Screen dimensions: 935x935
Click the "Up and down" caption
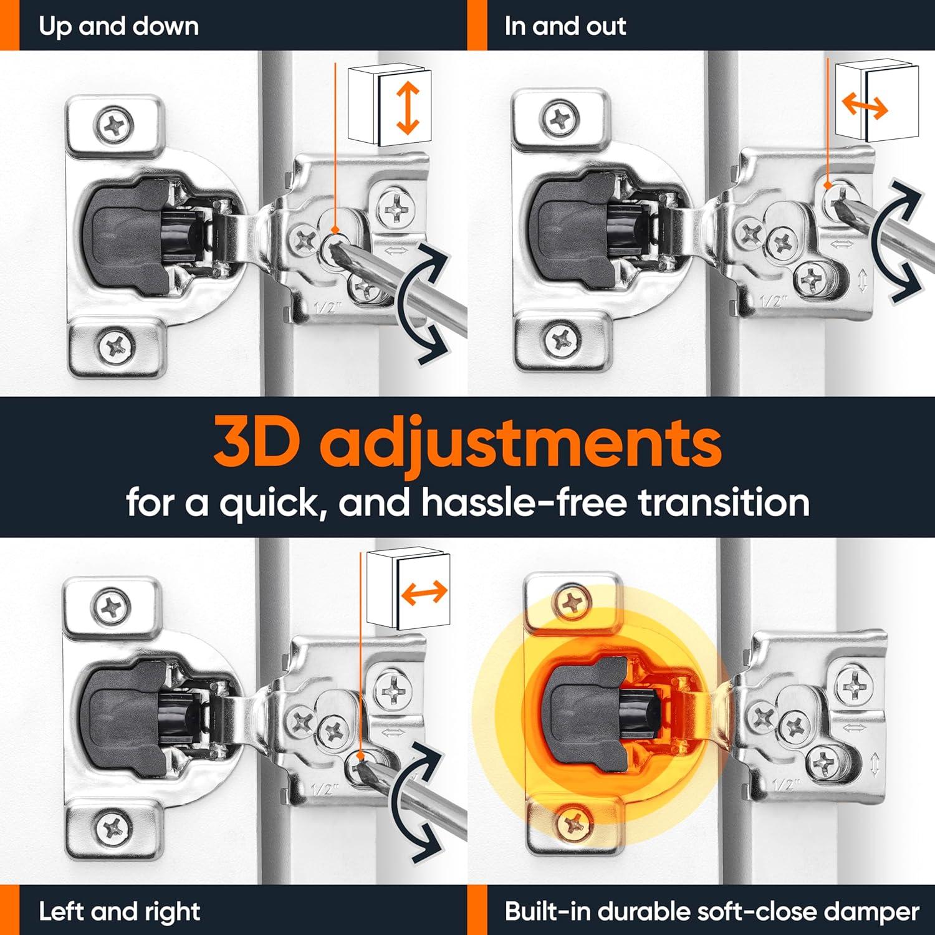[x=118, y=26]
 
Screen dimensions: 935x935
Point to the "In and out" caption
[x=565, y=26]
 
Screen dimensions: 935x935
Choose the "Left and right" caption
[x=119, y=912]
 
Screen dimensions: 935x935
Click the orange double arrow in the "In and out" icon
[x=865, y=108]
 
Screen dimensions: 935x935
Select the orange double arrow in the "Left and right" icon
[x=424, y=592]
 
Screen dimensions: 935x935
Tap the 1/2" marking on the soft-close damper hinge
[x=784, y=784]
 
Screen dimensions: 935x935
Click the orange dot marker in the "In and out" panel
[x=827, y=185]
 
